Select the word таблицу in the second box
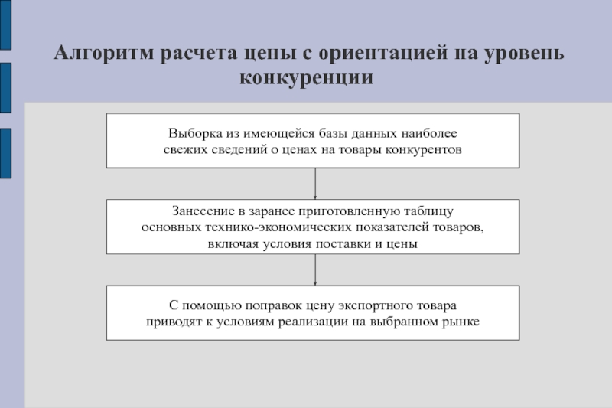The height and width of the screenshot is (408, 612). tap(428, 211)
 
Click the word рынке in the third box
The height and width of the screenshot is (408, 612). tap(461, 322)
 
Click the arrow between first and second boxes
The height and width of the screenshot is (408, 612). tap(315, 184)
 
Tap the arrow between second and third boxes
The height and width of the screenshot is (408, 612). tap(315, 269)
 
